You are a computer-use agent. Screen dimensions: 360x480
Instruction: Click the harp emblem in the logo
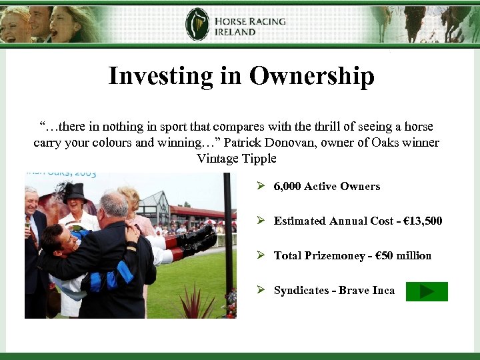(197, 25)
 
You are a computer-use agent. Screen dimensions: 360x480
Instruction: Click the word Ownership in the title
(311, 76)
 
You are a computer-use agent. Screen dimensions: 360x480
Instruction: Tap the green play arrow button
(427, 291)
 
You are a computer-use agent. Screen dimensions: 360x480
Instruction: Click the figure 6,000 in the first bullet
(287, 187)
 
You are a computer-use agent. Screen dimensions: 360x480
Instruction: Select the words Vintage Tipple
(237, 159)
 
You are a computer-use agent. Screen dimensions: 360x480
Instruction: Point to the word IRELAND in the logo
(235, 31)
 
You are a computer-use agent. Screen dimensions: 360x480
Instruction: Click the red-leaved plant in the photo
(195, 303)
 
